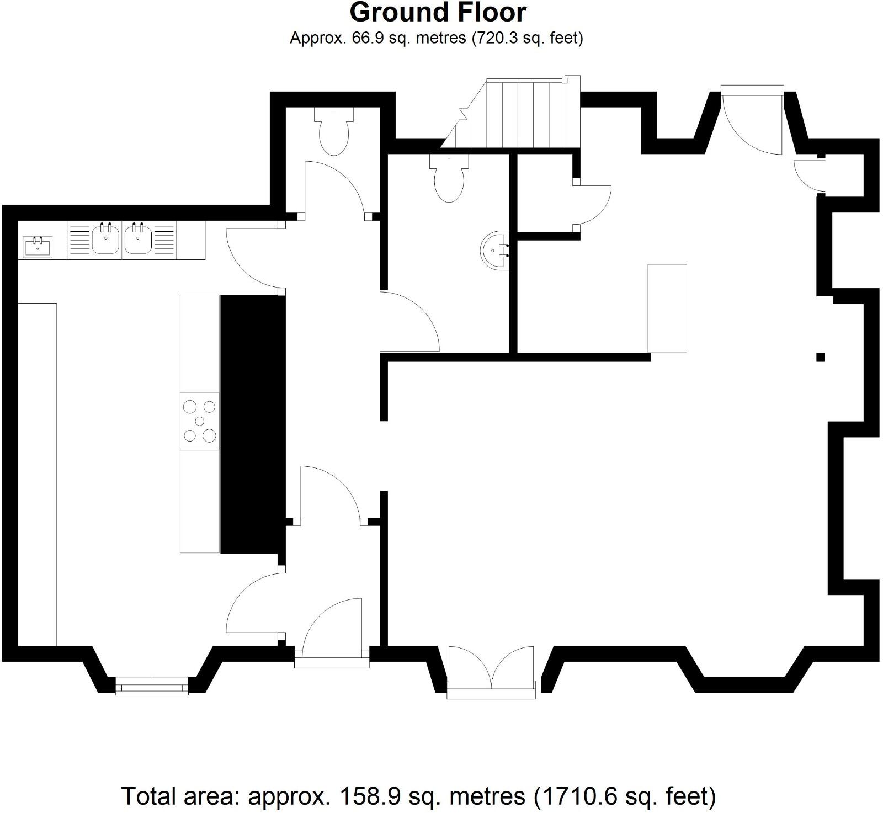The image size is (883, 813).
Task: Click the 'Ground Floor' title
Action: (x=438, y=12)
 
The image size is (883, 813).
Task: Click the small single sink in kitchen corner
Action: (x=38, y=246)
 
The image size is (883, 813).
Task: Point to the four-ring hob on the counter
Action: (x=199, y=421)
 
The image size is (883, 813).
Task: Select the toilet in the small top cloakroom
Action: (x=334, y=133)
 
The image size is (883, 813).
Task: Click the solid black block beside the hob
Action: (x=253, y=424)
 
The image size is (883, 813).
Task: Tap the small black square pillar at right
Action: (x=820, y=357)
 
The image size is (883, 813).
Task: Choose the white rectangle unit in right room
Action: (x=667, y=308)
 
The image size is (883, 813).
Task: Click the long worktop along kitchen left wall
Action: (x=38, y=474)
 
